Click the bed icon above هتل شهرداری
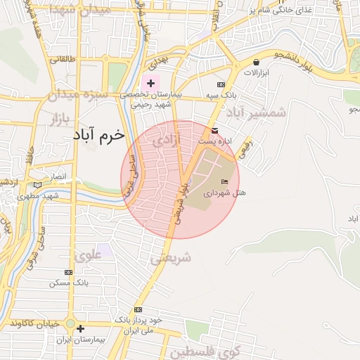[x=224, y=182]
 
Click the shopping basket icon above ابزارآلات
[x=255, y=63]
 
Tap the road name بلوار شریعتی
[x=181, y=204]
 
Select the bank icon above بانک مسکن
[x=68, y=272]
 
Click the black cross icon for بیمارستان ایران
[x=80, y=328]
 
